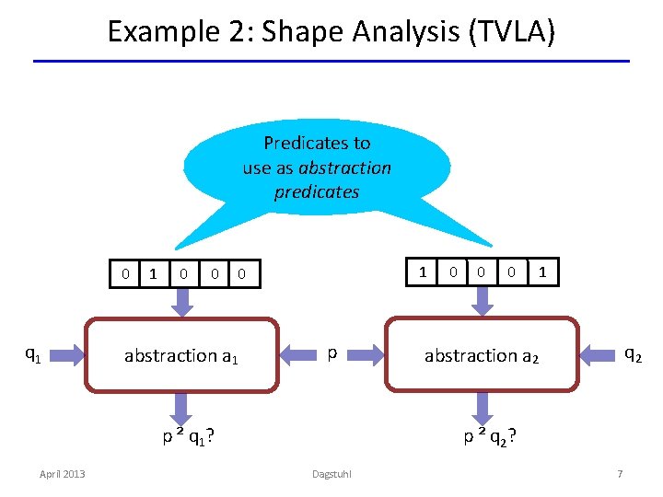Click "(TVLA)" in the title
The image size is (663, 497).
tap(512, 31)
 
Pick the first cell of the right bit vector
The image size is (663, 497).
tap(423, 272)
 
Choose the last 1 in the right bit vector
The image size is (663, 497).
tap(542, 272)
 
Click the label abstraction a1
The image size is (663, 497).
tap(181, 355)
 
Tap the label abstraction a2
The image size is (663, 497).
tap(482, 355)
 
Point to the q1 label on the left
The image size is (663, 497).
tap(31, 353)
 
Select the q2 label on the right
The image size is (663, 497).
tap(633, 353)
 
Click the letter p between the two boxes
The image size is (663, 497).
tap(332, 353)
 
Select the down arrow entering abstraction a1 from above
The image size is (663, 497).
tap(181, 301)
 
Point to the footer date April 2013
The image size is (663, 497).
tap(62, 473)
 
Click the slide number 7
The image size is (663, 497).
tap(620, 473)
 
